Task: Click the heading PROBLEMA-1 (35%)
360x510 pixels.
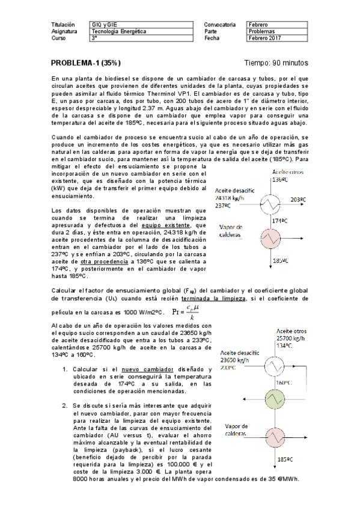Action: pos(86,63)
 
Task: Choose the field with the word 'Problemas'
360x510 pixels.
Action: pos(261,31)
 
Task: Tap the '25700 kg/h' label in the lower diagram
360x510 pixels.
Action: pos(291,339)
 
